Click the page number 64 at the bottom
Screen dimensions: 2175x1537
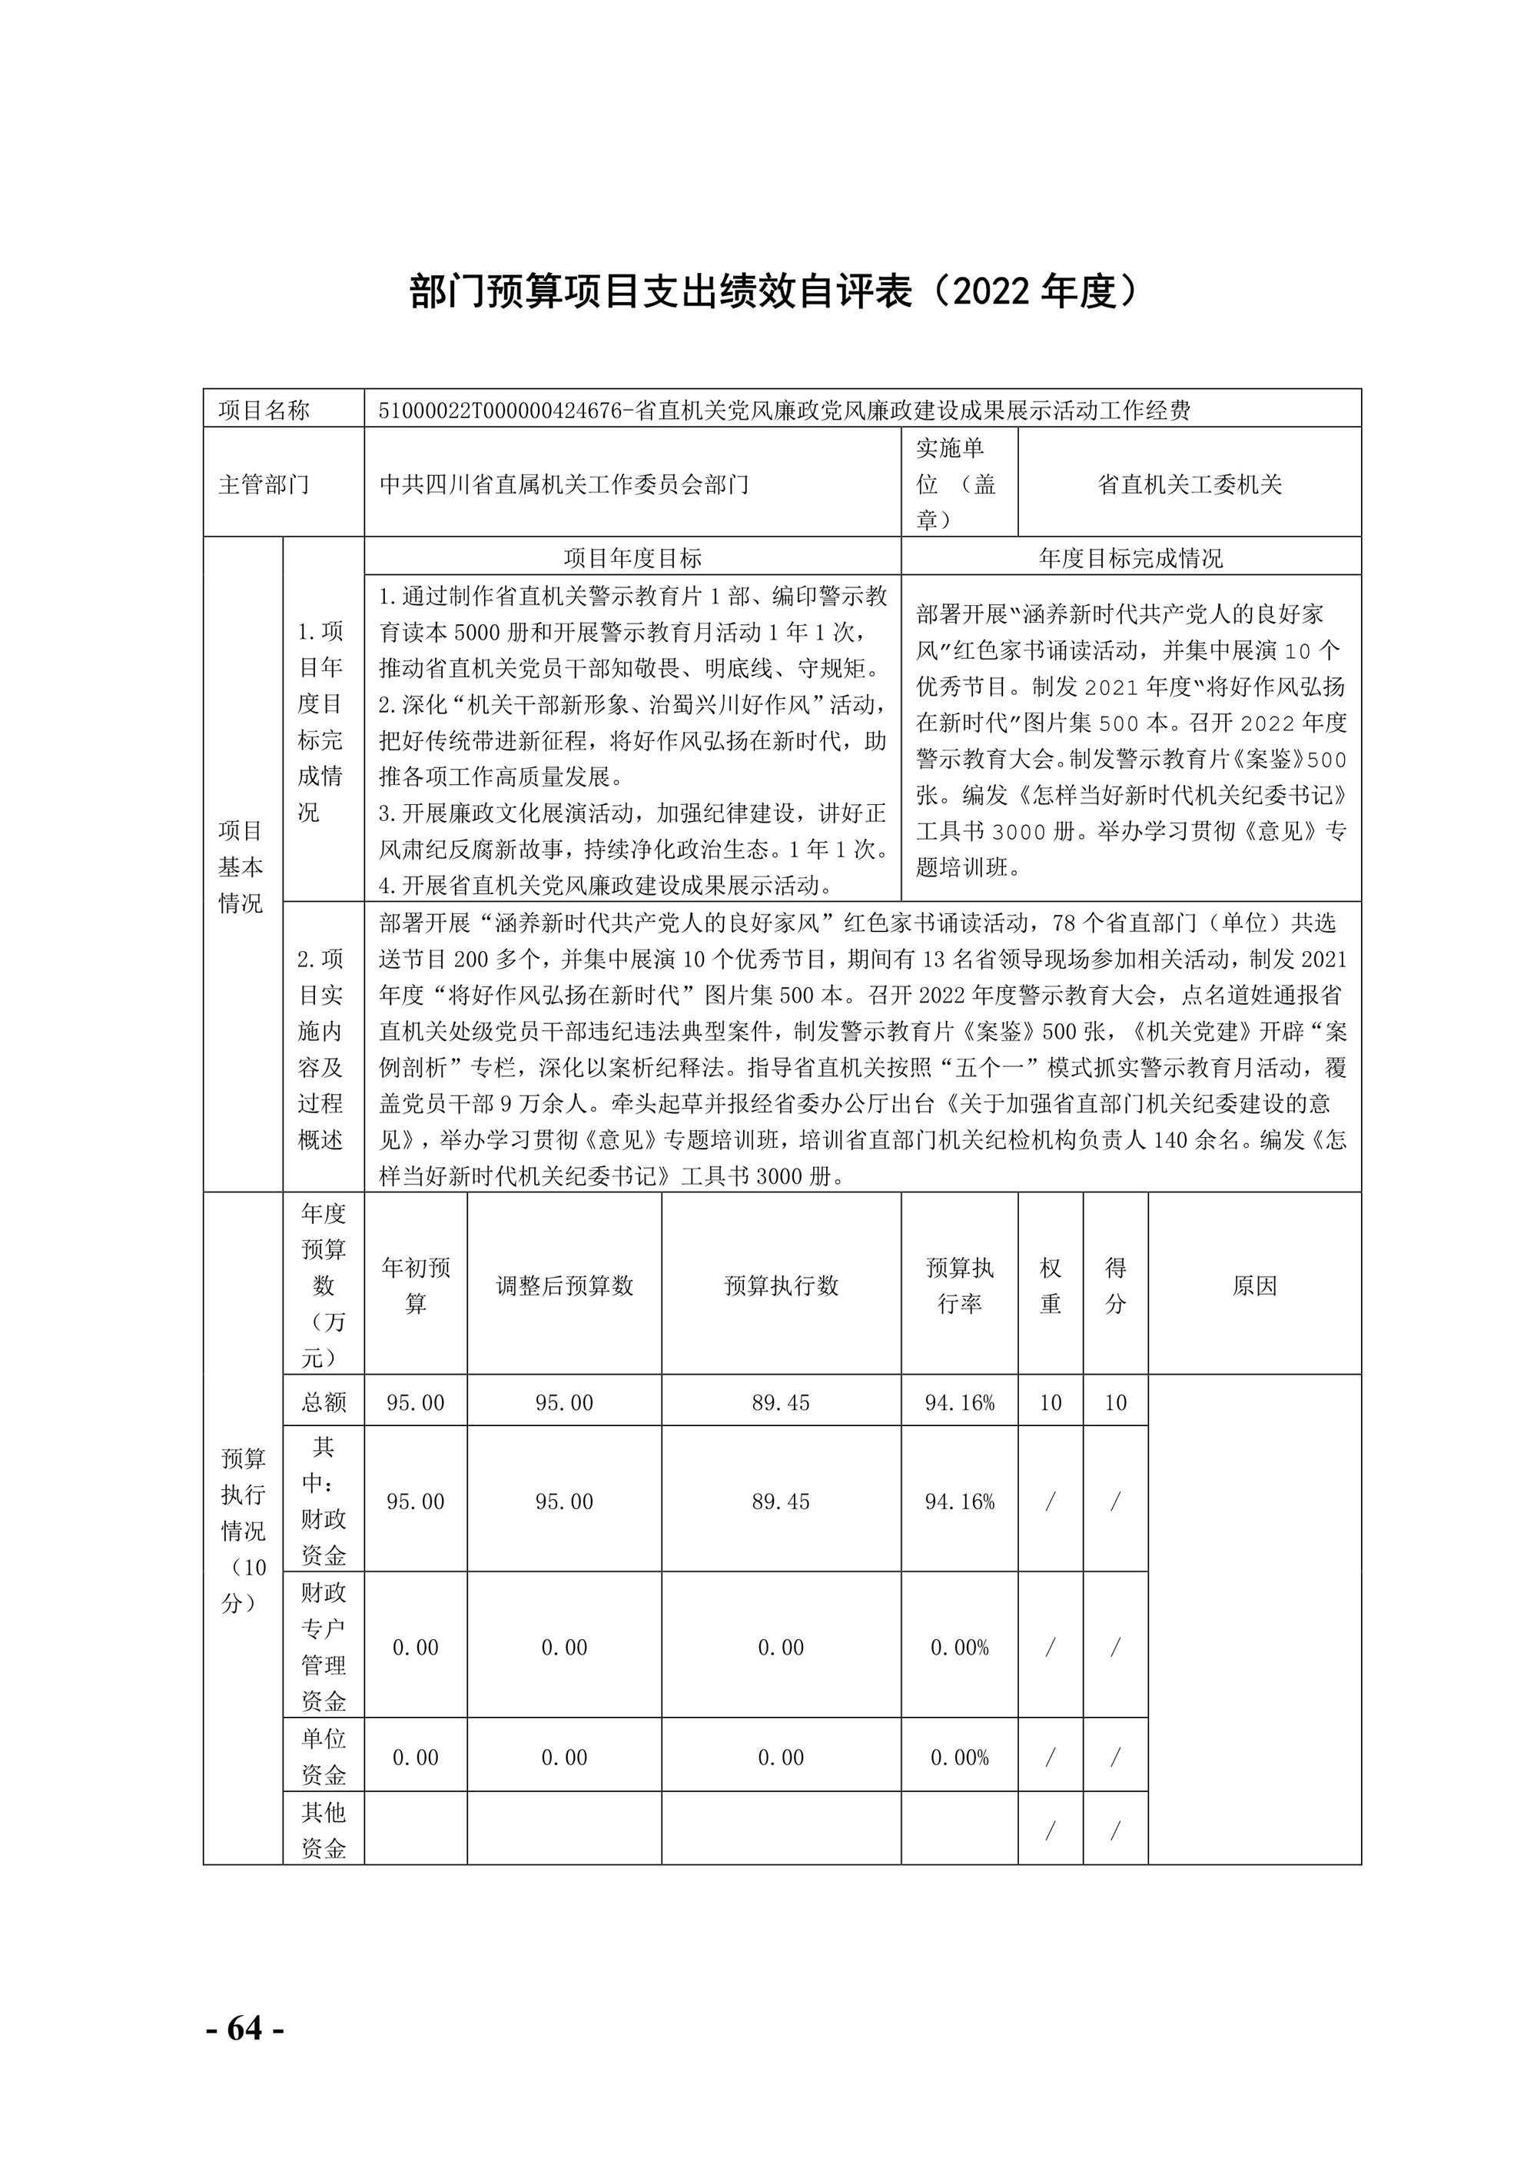(x=244, y=2028)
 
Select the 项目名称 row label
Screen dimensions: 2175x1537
(x=264, y=411)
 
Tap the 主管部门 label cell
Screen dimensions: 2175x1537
(x=264, y=485)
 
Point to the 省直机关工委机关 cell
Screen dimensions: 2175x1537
(x=1190, y=485)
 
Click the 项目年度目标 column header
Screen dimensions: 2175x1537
(x=632, y=558)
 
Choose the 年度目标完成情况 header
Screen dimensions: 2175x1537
(x=1130, y=558)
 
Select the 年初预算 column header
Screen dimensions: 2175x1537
(x=416, y=1285)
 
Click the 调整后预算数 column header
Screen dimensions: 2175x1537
(x=564, y=1285)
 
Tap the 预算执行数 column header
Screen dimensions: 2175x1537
(x=782, y=1285)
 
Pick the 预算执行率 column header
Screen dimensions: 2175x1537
(x=959, y=1285)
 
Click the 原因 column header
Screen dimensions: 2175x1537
(x=1255, y=1285)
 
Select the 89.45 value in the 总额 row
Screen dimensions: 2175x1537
(x=782, y=1403)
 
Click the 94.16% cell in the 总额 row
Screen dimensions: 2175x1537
(x=959, y=1403)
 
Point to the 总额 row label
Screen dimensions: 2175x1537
(x=324, y=1403)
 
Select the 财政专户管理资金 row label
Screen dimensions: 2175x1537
(x=324, y=1648)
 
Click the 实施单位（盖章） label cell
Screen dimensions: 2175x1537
(x=957, y=484)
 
